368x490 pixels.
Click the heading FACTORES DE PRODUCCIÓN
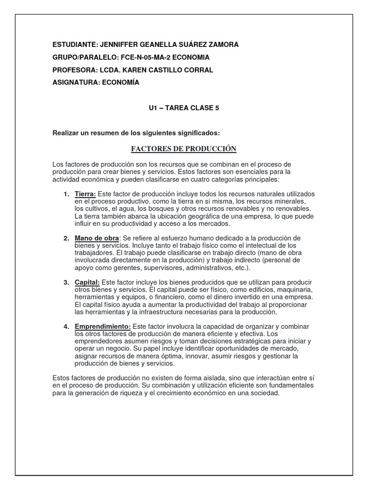184,149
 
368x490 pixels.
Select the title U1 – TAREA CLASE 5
184,108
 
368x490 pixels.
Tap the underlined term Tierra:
85,194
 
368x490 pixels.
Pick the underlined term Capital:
87,282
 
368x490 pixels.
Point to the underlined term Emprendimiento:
103,326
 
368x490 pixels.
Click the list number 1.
66,194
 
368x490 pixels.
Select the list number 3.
66,282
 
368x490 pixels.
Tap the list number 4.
66,326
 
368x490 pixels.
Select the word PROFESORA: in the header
73,70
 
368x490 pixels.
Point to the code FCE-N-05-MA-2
143,57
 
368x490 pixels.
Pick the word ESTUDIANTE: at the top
74,45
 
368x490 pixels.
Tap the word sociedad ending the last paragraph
264,393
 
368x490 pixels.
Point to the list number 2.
66,238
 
